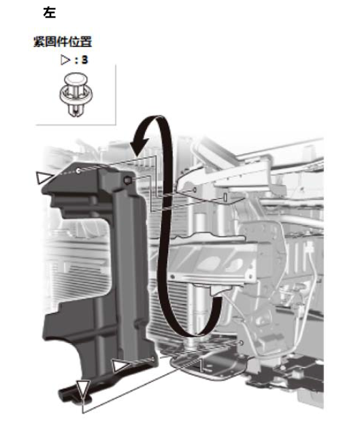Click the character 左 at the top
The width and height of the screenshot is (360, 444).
(49, 13)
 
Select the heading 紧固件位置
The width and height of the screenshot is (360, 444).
(63, 42)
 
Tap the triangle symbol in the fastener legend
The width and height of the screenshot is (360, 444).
(65, 60)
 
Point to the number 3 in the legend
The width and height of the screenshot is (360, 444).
(84, 60)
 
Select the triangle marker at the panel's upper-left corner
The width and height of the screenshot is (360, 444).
(43, 178)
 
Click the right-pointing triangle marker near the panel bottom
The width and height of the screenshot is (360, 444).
(120, 366)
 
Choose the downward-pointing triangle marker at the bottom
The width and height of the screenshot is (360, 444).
(83, 388)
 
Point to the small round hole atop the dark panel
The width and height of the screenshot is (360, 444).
(78, 171)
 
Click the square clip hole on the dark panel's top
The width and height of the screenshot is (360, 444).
(127, 180)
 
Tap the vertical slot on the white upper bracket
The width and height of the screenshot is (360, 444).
(225, 197)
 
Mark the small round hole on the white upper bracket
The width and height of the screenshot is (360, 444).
(195, 190)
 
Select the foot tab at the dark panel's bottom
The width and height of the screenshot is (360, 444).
(74, 394)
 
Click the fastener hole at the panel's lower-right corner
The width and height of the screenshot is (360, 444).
(153, 359)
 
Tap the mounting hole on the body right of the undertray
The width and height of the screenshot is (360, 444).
(241, 343)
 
